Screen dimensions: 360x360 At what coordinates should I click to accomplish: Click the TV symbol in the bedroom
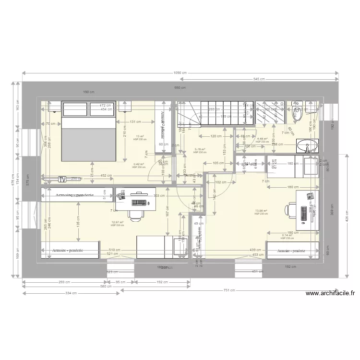[61, 179]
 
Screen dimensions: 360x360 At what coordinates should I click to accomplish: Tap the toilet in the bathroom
[298, 114]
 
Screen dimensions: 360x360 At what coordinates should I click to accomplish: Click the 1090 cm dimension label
[180, 73]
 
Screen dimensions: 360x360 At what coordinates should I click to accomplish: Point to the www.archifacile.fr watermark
[329, 293]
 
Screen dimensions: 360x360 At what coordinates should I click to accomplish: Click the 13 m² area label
[140, 136]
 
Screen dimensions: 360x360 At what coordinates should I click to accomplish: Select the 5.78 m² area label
[200, 149]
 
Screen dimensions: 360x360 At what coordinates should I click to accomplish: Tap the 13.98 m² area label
[262, 211]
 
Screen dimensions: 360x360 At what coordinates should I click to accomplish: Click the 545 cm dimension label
[259, 79]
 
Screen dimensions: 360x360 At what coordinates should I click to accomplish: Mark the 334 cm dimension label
[72, 293]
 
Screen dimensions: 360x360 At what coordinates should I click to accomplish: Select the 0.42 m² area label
[139, 165]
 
